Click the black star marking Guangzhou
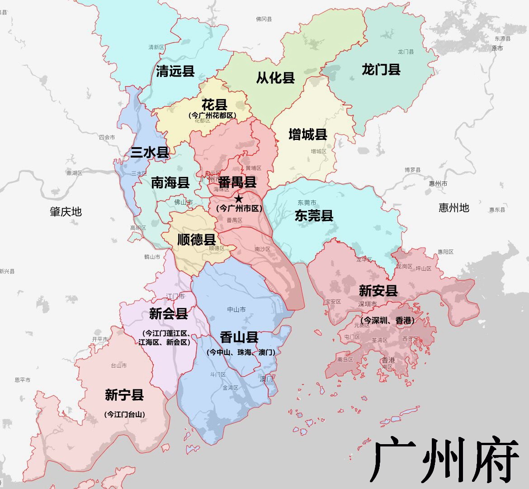pyautogui.click(x=239, y=198)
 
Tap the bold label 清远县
pyautogui.click(x=175, y=71)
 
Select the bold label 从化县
pyautogui.click(x=275, y=78)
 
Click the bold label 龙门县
pyautogui.click(x=381, y=70)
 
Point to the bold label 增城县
pyautogui.click(x=308, y=134)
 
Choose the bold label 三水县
pyautogui.click(x=150, y=152)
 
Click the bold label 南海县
pyautogui.click(x=170, y=182)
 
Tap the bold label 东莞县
pyautogui.click(x=314, y=216)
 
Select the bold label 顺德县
pyautogui.click(x=196, y=239)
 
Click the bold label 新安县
pyautogui.click(x=378, y=290)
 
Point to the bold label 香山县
pyautogui.click(x=239, y=337)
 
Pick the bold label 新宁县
pyautogui.click(x=124, y=395)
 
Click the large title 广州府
pyautogui.click(x=444, y=460)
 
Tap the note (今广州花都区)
pyautogui.click(x=213, y=115)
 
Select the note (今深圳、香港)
pyautogui.click(x=387, y=321)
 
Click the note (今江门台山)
pyautogui.click(x=124, y=414)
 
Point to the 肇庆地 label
pyautogui.click(x=66, y=211)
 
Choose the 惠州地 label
pyautogui.click(x=454, y=208)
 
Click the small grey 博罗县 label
pyautogui.click(x=412, y=170)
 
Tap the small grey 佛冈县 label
pyautogui.click(x=264, y=19)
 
